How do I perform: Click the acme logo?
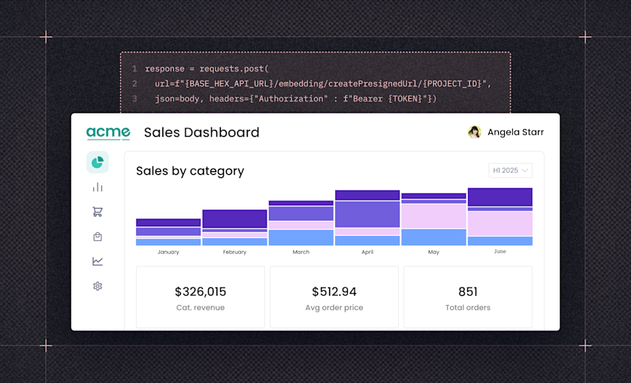tap(108, 133)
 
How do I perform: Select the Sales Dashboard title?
tap(201, 133)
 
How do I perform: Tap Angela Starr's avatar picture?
tap(474, 132)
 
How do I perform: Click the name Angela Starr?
tap(515, 132)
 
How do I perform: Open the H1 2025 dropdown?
tap(510, 170)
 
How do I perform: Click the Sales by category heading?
tap(190, 171)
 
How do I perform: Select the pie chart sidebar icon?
tap(98, 162)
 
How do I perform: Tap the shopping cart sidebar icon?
tap(98, 212)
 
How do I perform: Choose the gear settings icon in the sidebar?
tap(98, 286)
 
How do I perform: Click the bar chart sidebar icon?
tap(98, 187)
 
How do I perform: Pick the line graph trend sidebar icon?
tap(98, 261)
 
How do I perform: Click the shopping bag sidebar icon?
tap(98, 237)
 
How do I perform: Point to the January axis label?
tap(168, 252)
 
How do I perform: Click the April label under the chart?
tap(367, 252)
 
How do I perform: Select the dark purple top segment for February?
tap(234, 219)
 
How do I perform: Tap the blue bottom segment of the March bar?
tap(300, 237)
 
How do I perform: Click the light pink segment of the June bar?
tap(500, 223)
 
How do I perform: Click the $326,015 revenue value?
tap(201, 291)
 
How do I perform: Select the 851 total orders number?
tap(468, 291)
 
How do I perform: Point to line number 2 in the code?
tap(134, 83)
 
